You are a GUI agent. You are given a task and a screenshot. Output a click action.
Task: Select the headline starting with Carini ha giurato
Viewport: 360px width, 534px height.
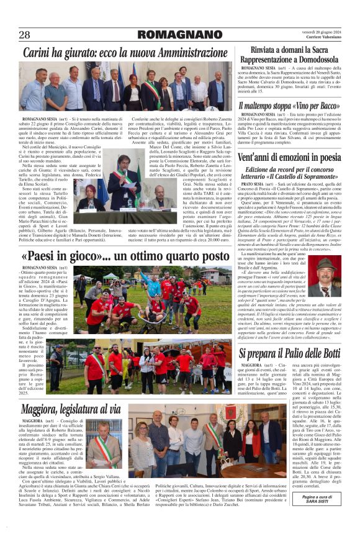(x=125, y=53)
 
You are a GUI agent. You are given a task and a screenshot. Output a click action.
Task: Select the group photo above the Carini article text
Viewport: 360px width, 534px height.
(x=125, y=86)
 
